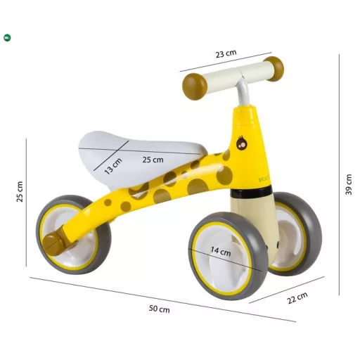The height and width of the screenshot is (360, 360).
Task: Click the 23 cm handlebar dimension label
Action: [x=226, y=53]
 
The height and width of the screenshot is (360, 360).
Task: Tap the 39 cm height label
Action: [x=349, y=184]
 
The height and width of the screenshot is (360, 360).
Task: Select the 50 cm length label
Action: [x=160, y=309]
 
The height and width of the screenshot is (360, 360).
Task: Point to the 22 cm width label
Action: [x=297, y=298]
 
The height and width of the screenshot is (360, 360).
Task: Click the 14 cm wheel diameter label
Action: [x=221, y=251]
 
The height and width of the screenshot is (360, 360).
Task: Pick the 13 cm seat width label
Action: [x=113, y=166]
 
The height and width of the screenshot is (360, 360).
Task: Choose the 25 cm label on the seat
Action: [x=153, y=160]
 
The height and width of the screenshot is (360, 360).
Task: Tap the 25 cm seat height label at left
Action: [x=20, y=191]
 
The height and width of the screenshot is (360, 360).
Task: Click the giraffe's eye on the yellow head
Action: [x=241, y=143]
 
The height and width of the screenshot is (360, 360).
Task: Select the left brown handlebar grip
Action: [x=195, y=86]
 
